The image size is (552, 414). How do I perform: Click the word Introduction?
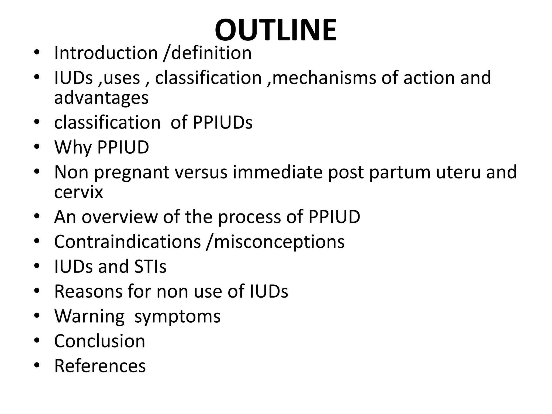point(106,53)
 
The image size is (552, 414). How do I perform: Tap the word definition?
point(211,53)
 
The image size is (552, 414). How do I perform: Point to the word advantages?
point(101,98)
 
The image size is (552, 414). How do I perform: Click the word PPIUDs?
point(222,123)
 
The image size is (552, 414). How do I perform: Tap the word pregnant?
point(132,172)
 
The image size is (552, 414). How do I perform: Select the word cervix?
point(78,192)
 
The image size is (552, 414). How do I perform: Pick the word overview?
point(120,217)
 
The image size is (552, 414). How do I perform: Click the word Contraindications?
point(127,241)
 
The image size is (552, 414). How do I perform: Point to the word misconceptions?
point(279,242)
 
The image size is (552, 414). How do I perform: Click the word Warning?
point(89,316)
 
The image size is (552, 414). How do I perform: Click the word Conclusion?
point(100,341)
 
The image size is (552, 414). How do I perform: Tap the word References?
point(100,366)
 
